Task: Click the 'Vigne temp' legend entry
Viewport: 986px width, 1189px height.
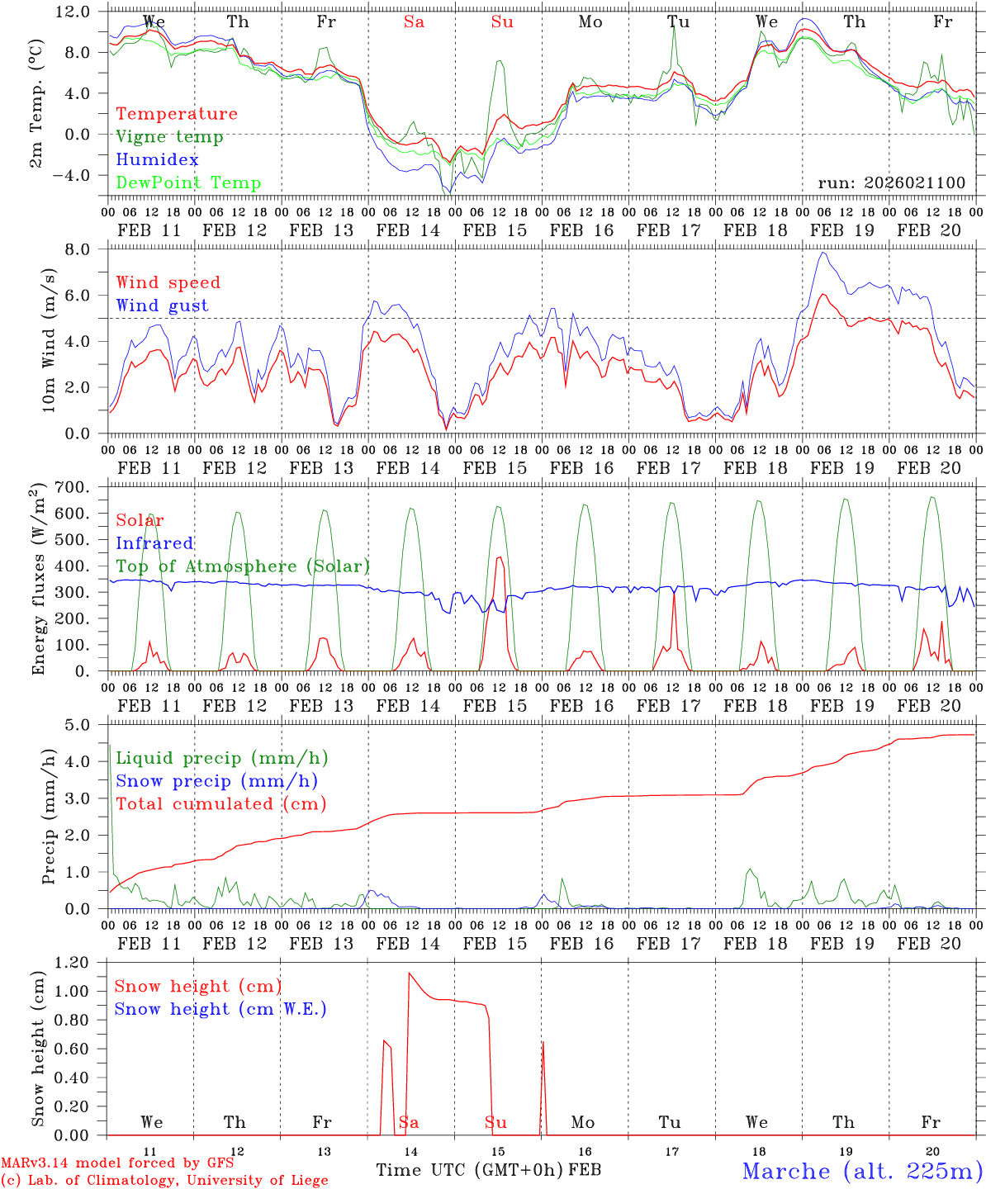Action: (169, 137)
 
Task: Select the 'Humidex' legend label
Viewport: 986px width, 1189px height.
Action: (157, 160)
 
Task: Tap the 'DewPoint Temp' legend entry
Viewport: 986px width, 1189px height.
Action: (188, 183)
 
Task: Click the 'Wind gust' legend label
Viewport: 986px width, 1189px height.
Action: (162, 306)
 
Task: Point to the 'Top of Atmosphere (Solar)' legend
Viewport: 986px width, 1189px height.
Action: (242, 566)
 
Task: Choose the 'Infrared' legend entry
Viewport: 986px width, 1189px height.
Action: (154, 543)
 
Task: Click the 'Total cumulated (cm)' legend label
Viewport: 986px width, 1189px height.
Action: (220, 804)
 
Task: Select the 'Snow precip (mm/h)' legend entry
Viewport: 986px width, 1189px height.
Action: (216, 781)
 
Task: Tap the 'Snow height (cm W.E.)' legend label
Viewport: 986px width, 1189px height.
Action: (220, 1009)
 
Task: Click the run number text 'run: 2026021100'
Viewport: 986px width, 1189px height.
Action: (891, 183)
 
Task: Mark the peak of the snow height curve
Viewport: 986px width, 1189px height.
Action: (409, 973)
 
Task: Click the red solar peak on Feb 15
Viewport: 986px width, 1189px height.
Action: (499, 558)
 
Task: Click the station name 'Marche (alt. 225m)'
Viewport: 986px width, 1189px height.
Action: (862, 1171)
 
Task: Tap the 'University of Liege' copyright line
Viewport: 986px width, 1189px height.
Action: (164, 1181)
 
